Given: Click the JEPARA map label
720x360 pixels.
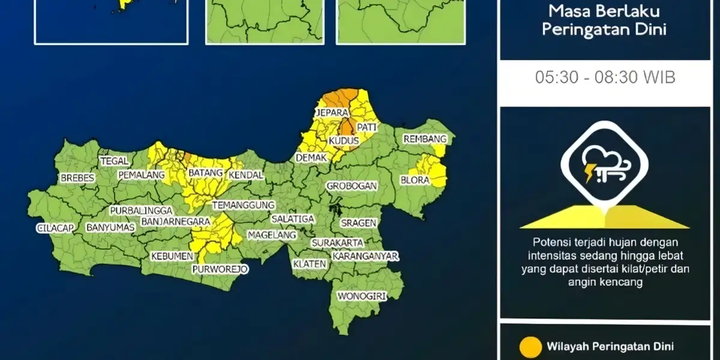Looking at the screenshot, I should click(x=334, y=113).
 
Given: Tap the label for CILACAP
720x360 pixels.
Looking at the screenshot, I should click(x=55, y=228).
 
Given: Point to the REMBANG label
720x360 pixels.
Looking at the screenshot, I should click(x=425, y=139).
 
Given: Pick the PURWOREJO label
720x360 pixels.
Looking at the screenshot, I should click(x=220, y=269).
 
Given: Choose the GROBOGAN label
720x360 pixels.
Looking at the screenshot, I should click(x=352, y=186).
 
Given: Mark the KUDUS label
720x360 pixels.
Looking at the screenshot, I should click(x=344, y=141).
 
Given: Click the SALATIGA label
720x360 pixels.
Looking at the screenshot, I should click(x=292, y=219).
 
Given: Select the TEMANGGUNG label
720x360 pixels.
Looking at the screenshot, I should click(x=243, y=205).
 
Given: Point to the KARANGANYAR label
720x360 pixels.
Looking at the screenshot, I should click(x=365, y=256).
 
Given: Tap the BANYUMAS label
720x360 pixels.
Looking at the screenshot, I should click(x=110, y=228).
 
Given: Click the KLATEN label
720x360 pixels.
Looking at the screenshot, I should click(x=310, y=264).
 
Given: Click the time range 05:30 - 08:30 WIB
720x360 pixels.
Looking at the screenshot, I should click(x=605, y=77).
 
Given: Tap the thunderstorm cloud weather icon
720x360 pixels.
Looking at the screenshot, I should click(x=604, y=166).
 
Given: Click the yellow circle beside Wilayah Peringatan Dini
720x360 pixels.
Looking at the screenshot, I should click(x=530, y=347).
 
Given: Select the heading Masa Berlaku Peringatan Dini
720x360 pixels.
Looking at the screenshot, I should click(x=604, y=20).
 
